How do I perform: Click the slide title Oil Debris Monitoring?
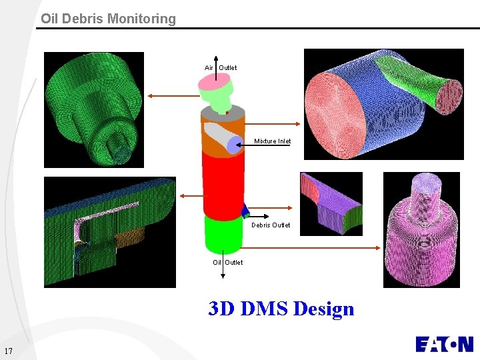click(x=108, y=19)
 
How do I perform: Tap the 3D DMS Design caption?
click(x=281, y=309)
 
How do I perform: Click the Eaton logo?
click(x=443, y=344)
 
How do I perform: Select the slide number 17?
click(x=9, y=351)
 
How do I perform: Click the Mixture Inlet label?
click(x=272, y=141)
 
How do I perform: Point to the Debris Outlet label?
click(x=271, y=225)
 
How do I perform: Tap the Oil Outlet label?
click(x=227, y=262)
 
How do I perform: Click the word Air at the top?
click(x=209, y=67)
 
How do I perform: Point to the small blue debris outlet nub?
click(x=245, y=212)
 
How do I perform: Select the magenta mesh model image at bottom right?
click(x=421, y=230)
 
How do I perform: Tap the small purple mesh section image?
click(x=331, y=203)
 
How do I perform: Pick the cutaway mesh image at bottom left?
click(x=109, y=232)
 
